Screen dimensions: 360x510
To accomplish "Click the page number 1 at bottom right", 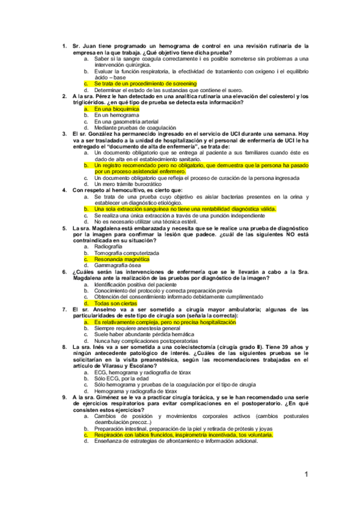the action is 307,475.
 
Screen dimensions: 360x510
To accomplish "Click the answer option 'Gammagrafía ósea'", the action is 118,265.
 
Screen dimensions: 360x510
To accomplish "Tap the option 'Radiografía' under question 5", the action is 112,247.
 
